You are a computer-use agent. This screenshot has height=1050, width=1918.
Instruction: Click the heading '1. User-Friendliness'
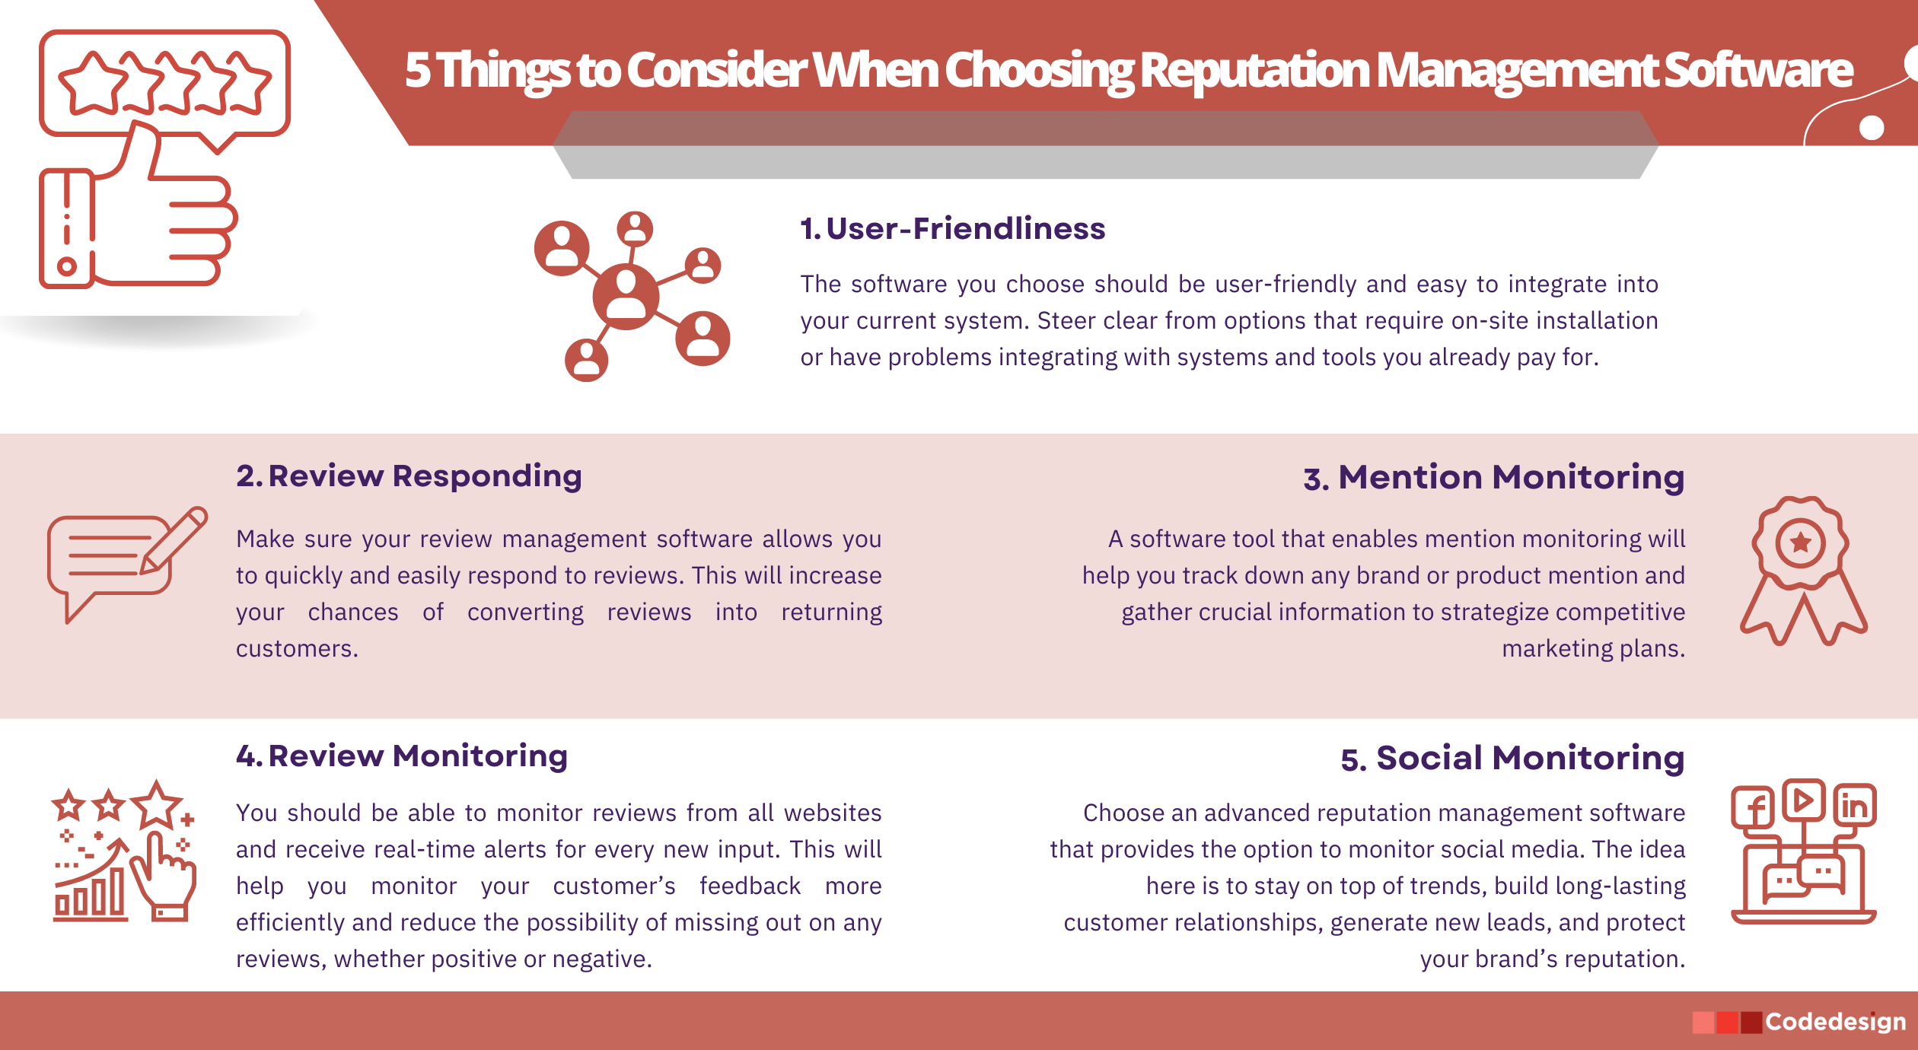(x=952, y=228)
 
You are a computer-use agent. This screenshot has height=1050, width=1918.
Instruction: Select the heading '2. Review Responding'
(x=409, y=476)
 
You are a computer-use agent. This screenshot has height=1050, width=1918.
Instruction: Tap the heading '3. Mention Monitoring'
(x=1493, y=478)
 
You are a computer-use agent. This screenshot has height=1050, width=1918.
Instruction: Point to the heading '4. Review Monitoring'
(x=402, y=756)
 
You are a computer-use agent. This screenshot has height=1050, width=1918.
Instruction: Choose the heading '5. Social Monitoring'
(x=1512, y=759)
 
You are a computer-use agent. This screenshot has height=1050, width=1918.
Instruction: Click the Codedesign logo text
(x=1835, y=1022)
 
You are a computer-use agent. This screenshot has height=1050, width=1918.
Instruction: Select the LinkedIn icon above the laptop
(x=1854, y=805)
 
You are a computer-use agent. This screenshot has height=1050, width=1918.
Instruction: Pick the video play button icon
(x=1803, y=800)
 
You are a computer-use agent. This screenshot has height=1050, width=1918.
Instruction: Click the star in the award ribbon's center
(x=1800, y=542)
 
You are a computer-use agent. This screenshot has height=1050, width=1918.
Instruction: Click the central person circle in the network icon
(x=626, y=297)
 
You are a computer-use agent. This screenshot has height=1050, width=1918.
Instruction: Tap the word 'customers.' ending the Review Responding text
(x=297, y=649)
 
